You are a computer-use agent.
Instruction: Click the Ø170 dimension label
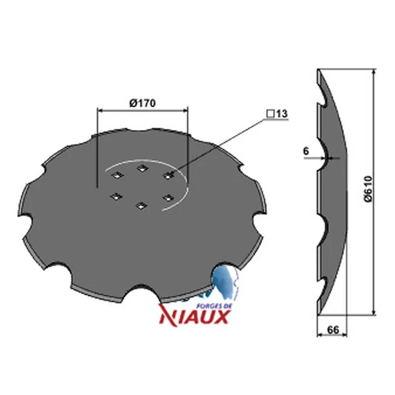(143, 103)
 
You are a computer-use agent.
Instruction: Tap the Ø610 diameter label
(368, 189)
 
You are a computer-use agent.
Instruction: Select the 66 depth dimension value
(333, 330)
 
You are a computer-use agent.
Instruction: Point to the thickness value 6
(306, 152)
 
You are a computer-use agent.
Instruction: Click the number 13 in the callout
(281, 114)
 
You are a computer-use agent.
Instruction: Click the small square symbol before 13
(271, 114)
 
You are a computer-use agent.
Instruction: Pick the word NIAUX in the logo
(194, 317)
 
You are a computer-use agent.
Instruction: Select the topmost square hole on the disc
(142, 168)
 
